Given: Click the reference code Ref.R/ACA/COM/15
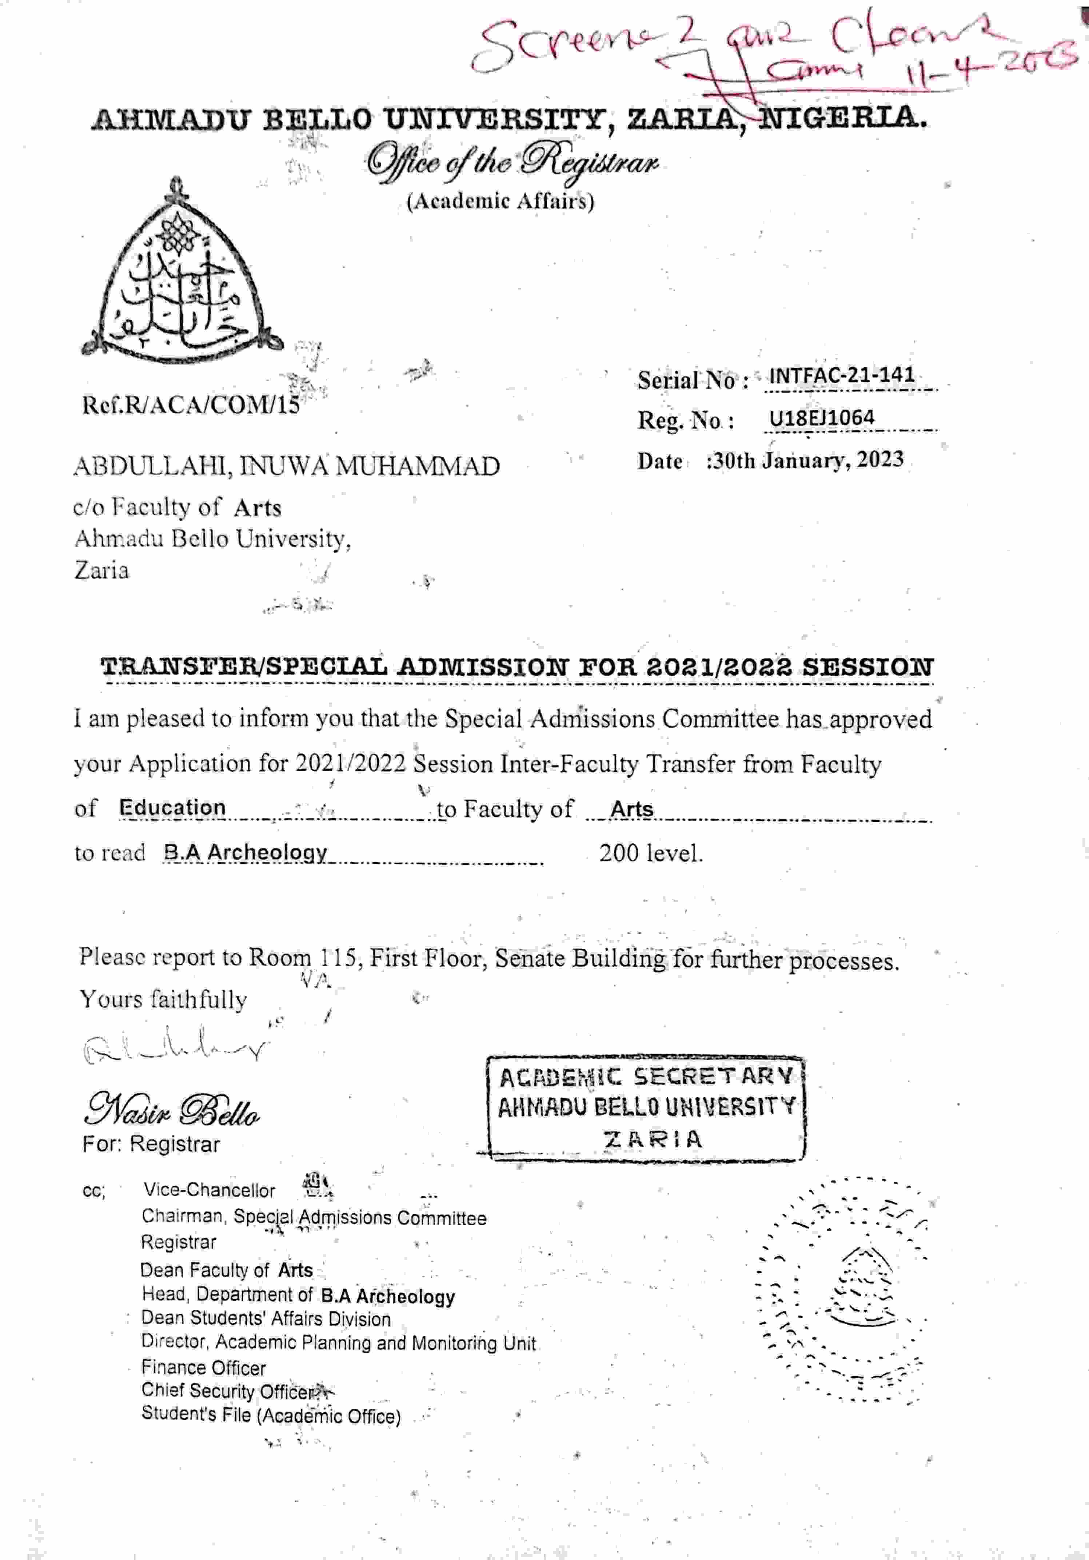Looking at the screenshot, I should click(190, 405).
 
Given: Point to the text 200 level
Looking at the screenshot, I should click(650, 853).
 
